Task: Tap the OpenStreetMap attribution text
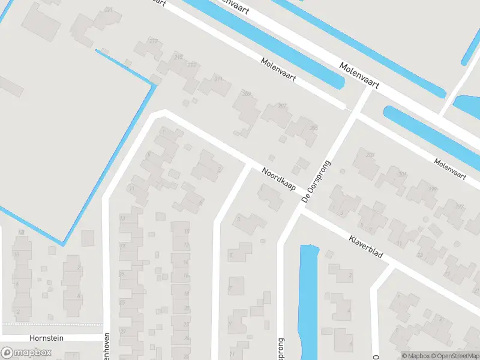tap(454, 356)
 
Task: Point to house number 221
tap(109, 10)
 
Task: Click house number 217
tap(154, 41)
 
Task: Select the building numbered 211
tap(218, 79)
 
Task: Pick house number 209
tap(246, 94)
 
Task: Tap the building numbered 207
tap(282, 106)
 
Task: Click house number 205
tap(313, 128)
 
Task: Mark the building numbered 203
tap(370, 156)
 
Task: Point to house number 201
tap(402, 175)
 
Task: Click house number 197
tap(460, 206)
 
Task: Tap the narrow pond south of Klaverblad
tap(308, 300)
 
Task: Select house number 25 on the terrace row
tap(122, 302)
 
